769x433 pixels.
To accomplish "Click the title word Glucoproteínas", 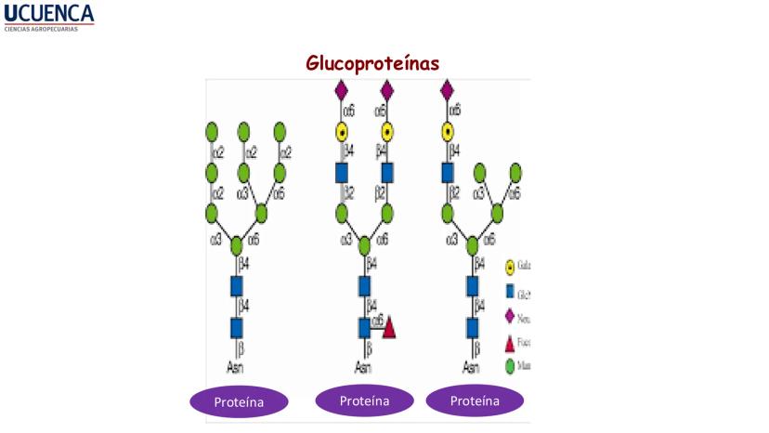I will [x=372, y=62].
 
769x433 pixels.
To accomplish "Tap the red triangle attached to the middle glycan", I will [x=389, y=327].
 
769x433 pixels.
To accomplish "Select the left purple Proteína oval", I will [x=240, y=402].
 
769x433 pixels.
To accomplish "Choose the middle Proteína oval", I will [x=364, y=400].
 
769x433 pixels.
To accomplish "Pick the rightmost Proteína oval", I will [x=475, y=400].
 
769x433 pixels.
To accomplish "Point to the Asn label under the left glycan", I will [x=236, y=367].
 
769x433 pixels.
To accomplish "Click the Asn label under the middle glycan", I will [x=363, y=367].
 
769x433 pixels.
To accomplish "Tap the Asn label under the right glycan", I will [x=471, y=367].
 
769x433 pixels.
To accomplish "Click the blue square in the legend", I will [x=510, y=292].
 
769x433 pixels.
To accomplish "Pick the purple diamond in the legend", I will [x=510, y=316].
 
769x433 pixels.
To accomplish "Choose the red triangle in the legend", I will [x=510, y=342].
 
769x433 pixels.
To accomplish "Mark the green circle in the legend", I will [x=510, y=366].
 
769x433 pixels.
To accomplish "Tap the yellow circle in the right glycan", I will [x=447, y=131].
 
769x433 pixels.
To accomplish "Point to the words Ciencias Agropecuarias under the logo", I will [x=42, y=29].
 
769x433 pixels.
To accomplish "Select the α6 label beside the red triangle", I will [x=377, y=321].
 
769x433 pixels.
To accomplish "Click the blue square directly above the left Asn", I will [x=236, y=327].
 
